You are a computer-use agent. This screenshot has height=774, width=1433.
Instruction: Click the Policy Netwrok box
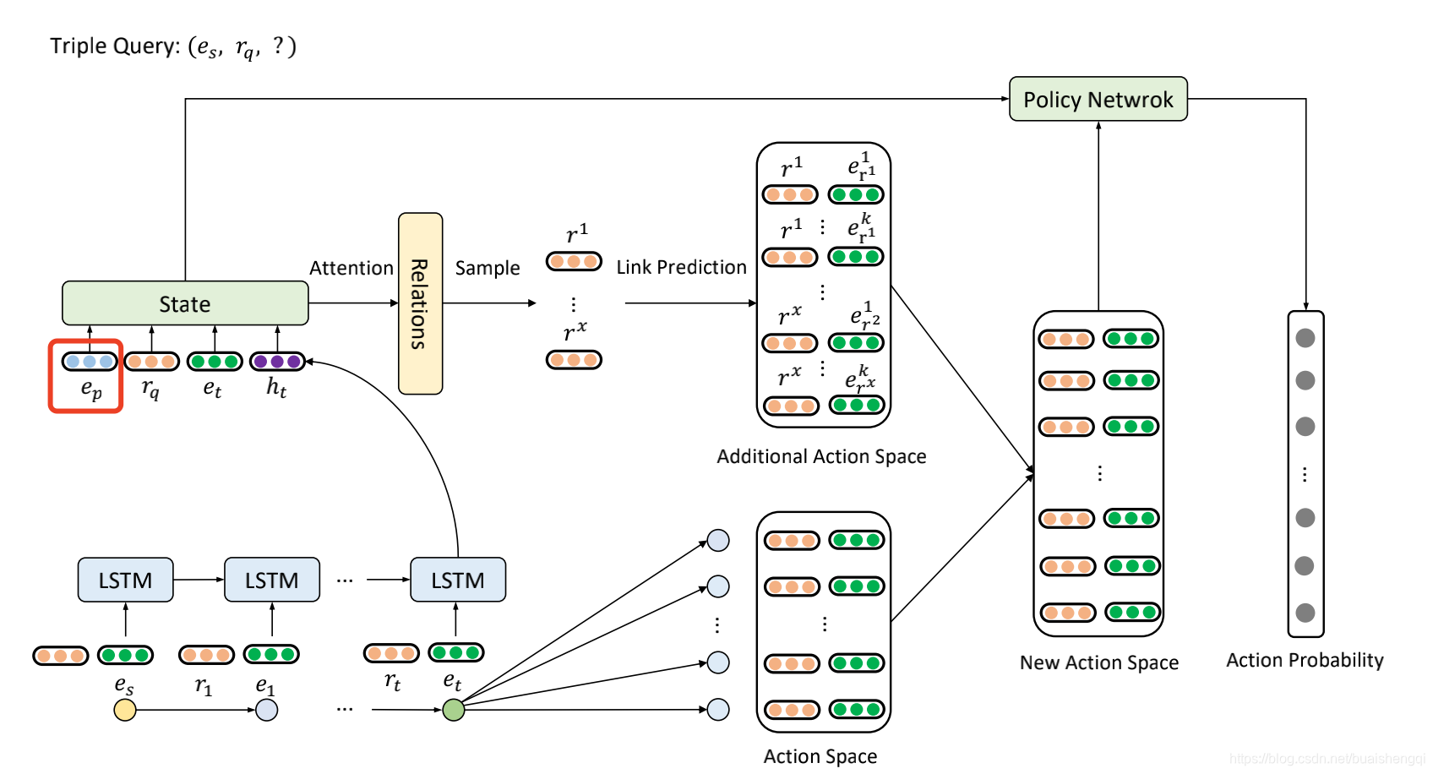(x=1098, y=99)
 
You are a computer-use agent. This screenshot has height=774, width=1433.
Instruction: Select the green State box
(x=185, y=303)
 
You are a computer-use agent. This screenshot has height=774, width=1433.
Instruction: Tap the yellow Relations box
(x=420, y=303)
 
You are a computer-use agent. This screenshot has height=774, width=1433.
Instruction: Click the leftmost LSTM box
(x=125, y=580)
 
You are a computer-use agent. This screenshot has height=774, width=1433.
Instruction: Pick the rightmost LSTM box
(x=458, y=580)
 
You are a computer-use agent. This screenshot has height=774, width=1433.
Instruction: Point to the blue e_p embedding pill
(x=90, y=362)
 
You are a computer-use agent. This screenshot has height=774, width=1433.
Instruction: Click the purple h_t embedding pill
(x=277, y=362)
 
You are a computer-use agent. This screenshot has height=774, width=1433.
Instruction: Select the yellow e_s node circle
(x=125, y=710)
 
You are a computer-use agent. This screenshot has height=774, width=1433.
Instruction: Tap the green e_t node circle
(x=454, y=710)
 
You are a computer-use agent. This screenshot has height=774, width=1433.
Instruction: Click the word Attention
(x=351, y=268)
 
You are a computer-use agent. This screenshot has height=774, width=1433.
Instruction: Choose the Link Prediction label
(x=681, y=267)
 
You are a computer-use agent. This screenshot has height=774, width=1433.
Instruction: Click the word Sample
(x=488, y=269)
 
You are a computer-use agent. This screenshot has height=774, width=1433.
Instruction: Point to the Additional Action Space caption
(x=821, y=457)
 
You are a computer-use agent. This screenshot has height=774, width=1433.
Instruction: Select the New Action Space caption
(x=1099, y=662)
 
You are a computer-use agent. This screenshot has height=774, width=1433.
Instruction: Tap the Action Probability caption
(x=1305, y=661)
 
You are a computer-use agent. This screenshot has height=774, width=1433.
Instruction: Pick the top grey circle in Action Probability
(x=1305, y=338)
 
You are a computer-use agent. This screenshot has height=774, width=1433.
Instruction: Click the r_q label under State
(x=151, y=389)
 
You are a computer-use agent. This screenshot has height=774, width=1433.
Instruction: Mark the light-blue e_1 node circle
(x=267, y=710)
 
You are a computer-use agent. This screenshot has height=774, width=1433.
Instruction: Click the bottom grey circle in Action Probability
(x=1305, y=613)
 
